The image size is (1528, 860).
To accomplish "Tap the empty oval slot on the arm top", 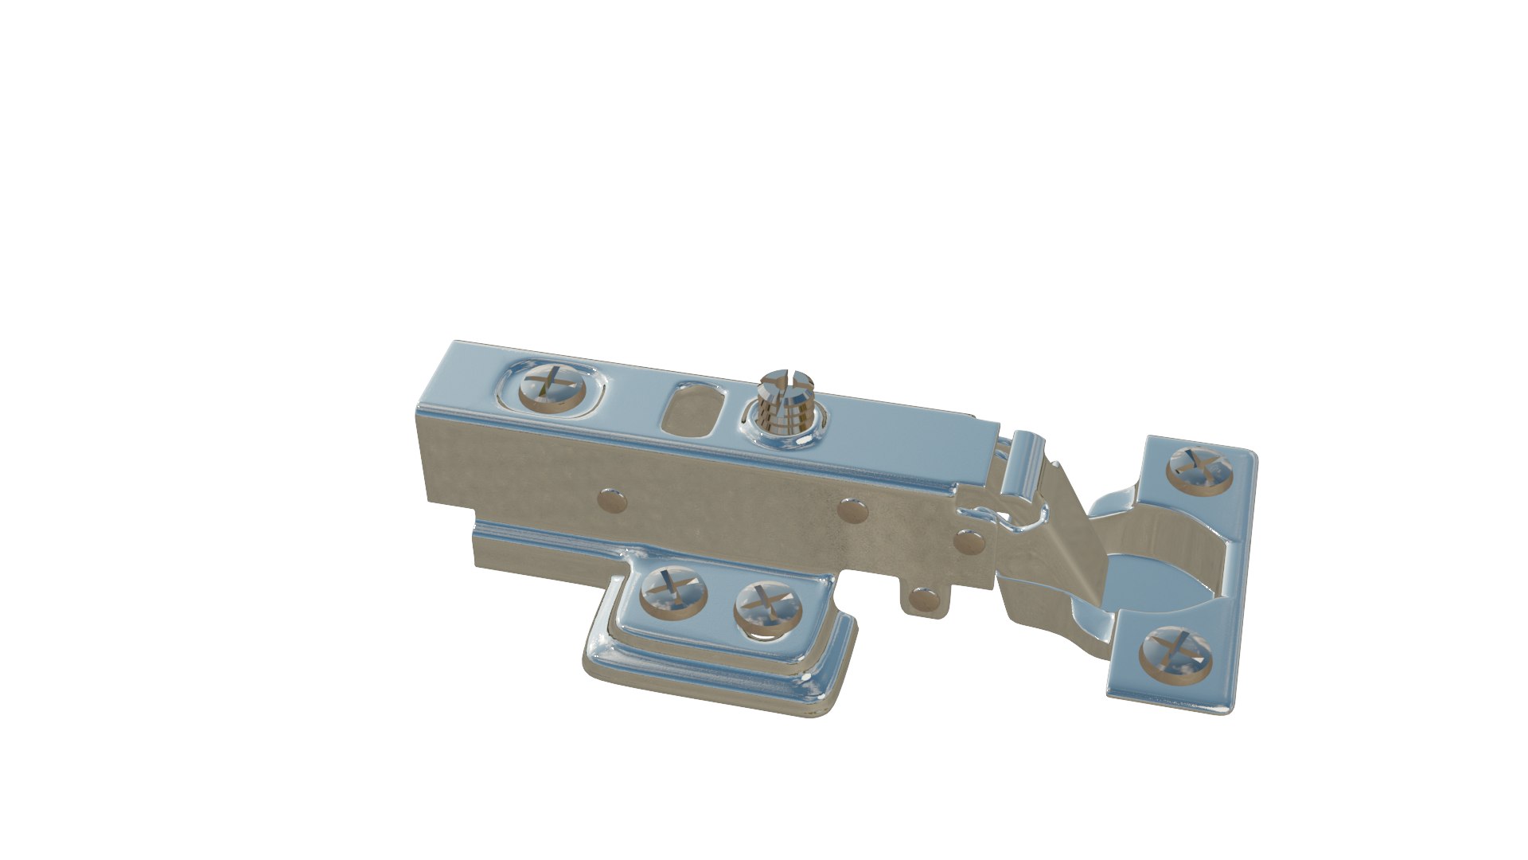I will click(691, 411).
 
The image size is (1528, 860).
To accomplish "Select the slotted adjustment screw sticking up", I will click(784, 400).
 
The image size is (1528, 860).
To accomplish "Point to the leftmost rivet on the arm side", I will click(611, 500).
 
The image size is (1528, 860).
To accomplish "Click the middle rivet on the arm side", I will click(853, 510).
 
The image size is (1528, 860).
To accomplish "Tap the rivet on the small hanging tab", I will click(923, 598).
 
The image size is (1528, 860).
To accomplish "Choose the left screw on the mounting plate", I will click(673, 592).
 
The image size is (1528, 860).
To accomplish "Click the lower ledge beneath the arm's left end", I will click(541, 549).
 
